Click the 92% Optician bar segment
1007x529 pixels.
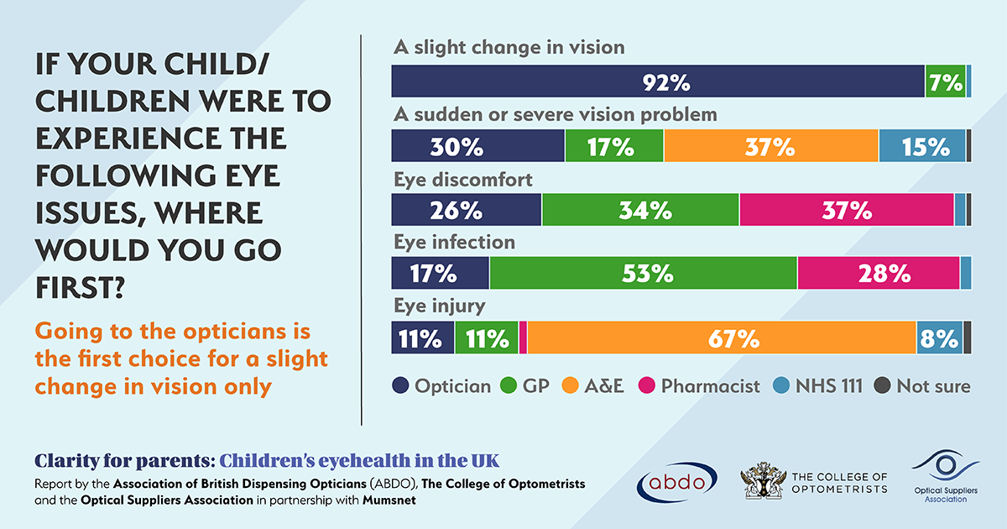coord(658,81)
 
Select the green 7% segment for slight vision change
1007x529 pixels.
coord(945,81)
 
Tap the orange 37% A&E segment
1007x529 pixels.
coord(771,146)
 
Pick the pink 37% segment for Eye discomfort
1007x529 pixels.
coord(847,210)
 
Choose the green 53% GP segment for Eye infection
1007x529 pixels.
coord(644,274)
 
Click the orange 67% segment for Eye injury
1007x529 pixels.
coord(722,338)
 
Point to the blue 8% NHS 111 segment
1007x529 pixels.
coord(939,338)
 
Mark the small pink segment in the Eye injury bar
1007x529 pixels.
coord(524,338)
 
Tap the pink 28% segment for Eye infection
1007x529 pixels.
coord(879,274)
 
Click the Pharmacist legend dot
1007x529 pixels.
coord(649,386)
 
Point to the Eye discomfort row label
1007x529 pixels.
coord(463,179)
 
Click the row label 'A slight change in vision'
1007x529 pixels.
coord(509,48)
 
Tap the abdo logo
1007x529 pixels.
coord(677,480)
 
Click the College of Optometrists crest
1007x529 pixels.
coord(763,480)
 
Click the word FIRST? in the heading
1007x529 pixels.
coord(81,287)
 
